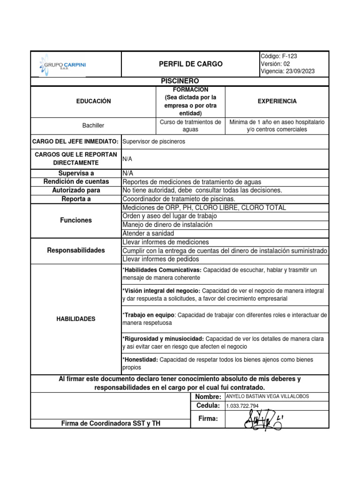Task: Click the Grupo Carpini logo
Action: point(64,64)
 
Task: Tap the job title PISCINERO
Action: point(180,81)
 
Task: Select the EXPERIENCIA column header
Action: point(277,101)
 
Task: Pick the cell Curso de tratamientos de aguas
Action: point(190,126)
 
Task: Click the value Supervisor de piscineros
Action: point(154,141)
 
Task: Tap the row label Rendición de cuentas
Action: point(76,181)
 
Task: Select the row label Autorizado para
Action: point(76,190)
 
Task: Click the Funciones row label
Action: point(76,220)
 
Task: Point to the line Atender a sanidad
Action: point(148,233)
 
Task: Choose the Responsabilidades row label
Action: point(76,250)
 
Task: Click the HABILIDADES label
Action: point(76,319)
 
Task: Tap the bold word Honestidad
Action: point(141,360)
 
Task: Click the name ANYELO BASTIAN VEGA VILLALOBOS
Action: point(268,396)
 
